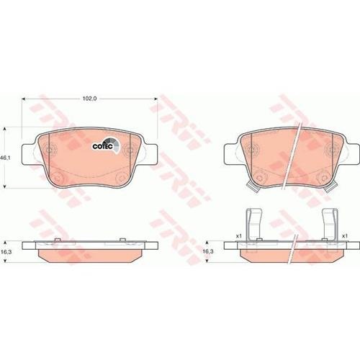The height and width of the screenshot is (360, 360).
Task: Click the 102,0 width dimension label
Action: [89, 99]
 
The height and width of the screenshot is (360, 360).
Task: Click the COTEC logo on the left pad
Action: [106, 145]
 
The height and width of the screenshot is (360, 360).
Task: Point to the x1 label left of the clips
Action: [238, 236]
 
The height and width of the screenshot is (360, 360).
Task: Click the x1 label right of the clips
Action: [345, 236]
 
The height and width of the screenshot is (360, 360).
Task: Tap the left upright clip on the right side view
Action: [254, 224]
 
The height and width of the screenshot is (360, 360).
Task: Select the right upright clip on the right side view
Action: [330, 224]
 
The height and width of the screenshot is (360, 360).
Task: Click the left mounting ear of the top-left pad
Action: [30, 154]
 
